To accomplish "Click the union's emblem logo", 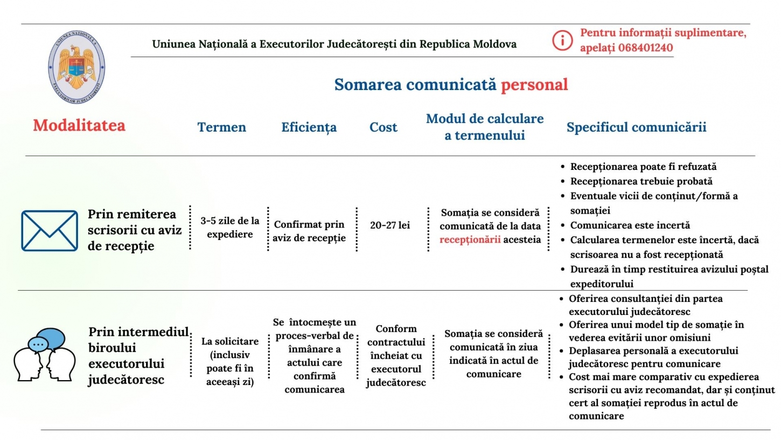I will pyautogui.click(x=76, y=67).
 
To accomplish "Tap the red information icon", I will pyautogui.click(x=562, y=40).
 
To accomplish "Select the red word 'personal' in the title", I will pyautogui.click(x=534, y=85).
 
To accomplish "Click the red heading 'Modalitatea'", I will pyautogui.click(x=79, y=126).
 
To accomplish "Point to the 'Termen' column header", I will pyautogui.click(x=221, y=127).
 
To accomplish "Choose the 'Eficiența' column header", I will pyautogui.click(x=309, y=127).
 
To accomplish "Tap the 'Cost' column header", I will pyautogui.click(x=383, y=127).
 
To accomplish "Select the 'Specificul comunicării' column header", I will pyautogui.click(x=636, y=127).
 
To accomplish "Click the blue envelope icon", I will pyautogui.click(x=50, y=231).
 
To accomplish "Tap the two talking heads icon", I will pyautogui.click(x=45, y=354).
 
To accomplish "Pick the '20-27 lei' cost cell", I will pyautogui.click(x=390, y=225).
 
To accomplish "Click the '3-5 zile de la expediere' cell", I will pyautogui.click(x=229, y=228).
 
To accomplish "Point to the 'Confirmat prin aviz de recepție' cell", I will pyautogui.click(x=309, y=231).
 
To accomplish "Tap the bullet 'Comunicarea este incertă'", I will pyautogui.click(x=630, y=225).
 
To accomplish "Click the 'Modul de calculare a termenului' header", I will pyautogui.click(x=485, y=127).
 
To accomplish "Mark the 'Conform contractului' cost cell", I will pyautogui.click(x=396, y=355).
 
